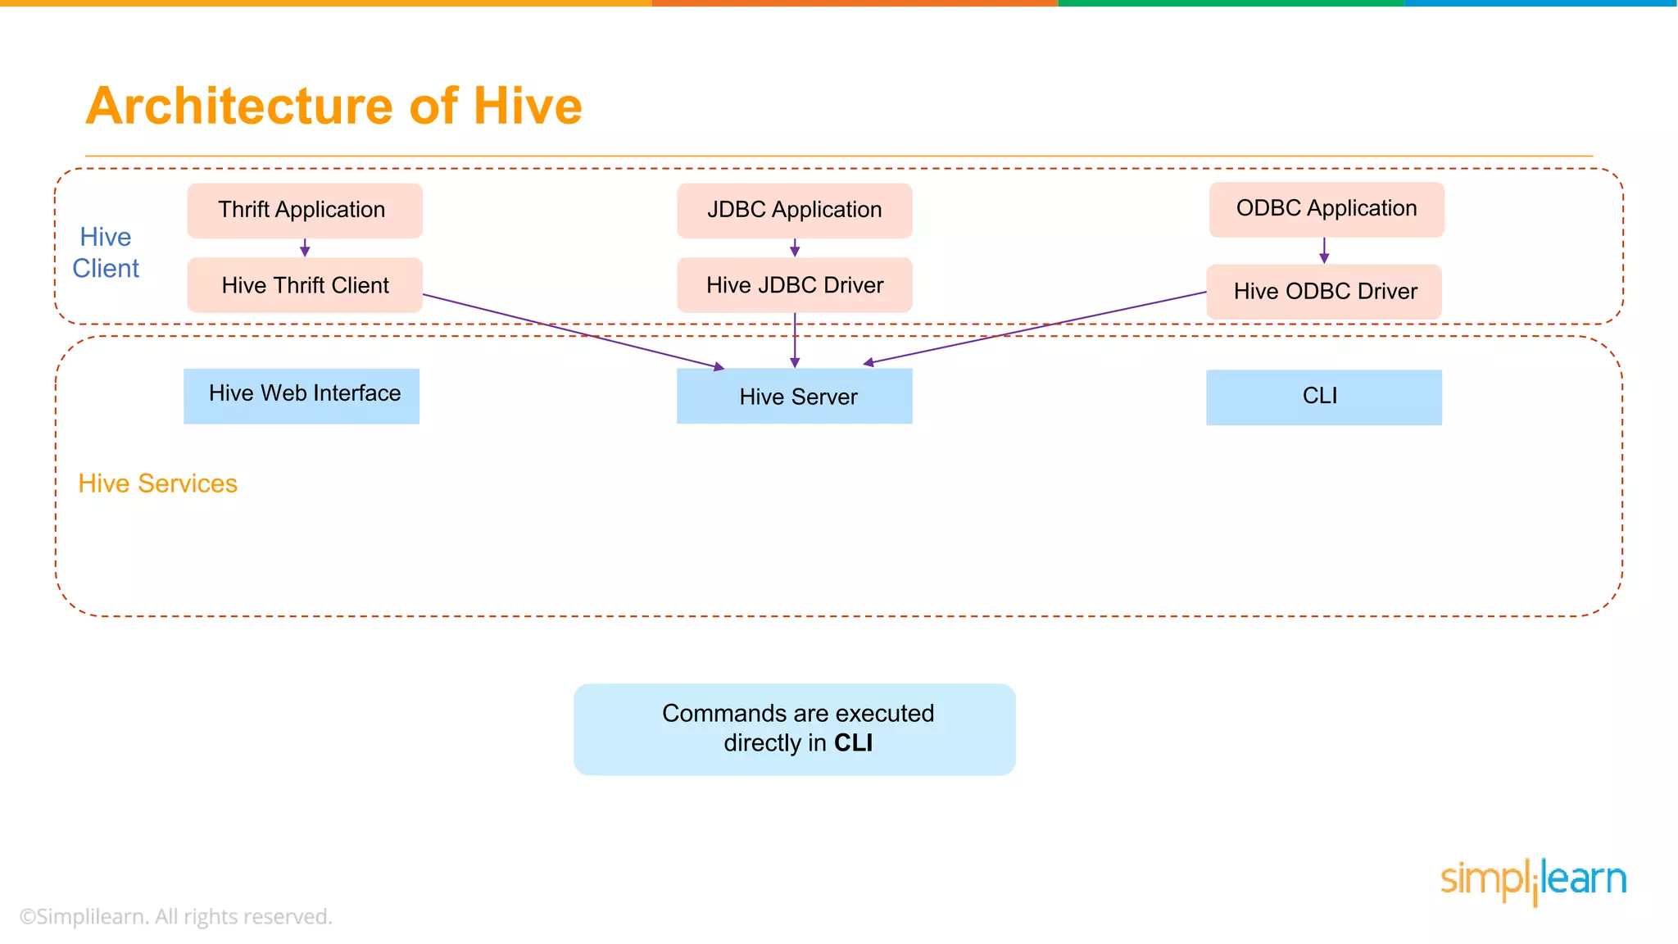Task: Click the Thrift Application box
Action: tap(305, 211)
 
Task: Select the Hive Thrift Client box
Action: tap(305, 285)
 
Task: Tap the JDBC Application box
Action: tap(794, 211)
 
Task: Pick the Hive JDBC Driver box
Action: tap(794, 285)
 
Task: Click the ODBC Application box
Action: tap(1326, 209)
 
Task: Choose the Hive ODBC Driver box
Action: tap(1324, 292)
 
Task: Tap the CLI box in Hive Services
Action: tap(1323, 397)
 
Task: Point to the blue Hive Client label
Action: tap(106, 252)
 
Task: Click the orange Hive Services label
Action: tap(157, 483)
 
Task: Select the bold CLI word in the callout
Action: tap(853, 742)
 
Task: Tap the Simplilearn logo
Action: tap(1533, 881)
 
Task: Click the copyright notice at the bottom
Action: tap(176, 916)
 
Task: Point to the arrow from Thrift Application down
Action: tap(305, 247)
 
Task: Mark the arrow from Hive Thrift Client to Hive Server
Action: tap(574, 331)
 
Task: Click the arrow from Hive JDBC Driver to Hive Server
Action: tap(794, 340)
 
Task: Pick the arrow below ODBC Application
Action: tap(1324, 251)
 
